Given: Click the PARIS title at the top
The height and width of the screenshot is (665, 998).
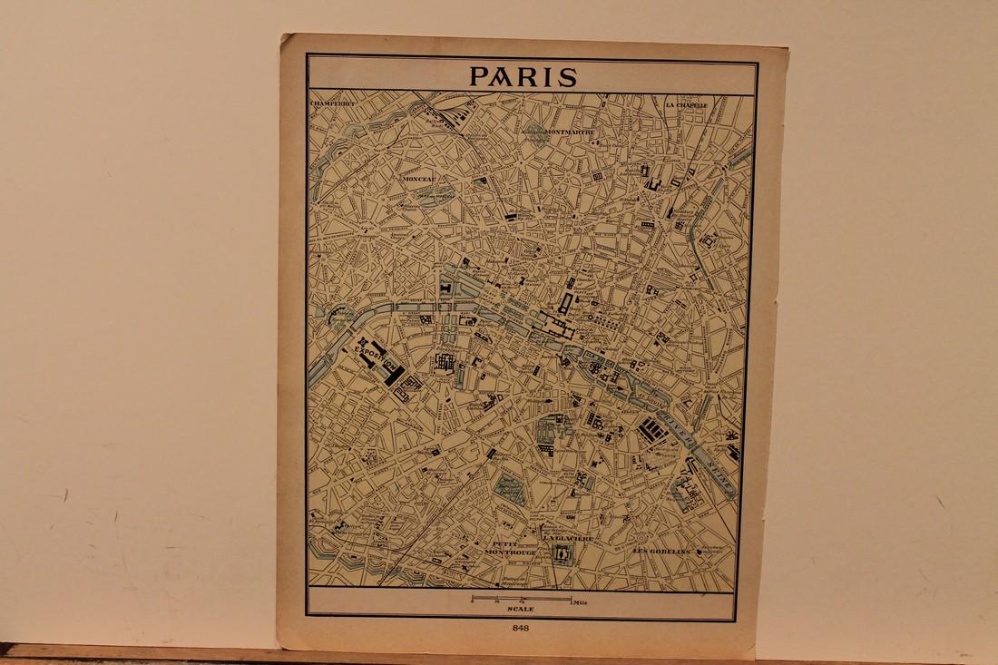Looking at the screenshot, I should [523, 76].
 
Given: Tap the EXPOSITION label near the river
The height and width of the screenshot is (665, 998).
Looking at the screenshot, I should [379, 358].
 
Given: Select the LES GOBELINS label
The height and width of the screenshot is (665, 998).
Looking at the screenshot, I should [662, 552].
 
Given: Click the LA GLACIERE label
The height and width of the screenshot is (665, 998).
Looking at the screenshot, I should [568, 539].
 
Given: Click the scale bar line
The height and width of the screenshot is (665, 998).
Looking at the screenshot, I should [521, 600].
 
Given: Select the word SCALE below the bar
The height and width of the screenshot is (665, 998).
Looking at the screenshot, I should [521, 610].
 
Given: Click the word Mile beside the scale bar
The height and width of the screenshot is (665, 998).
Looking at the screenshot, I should [582, 601].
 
